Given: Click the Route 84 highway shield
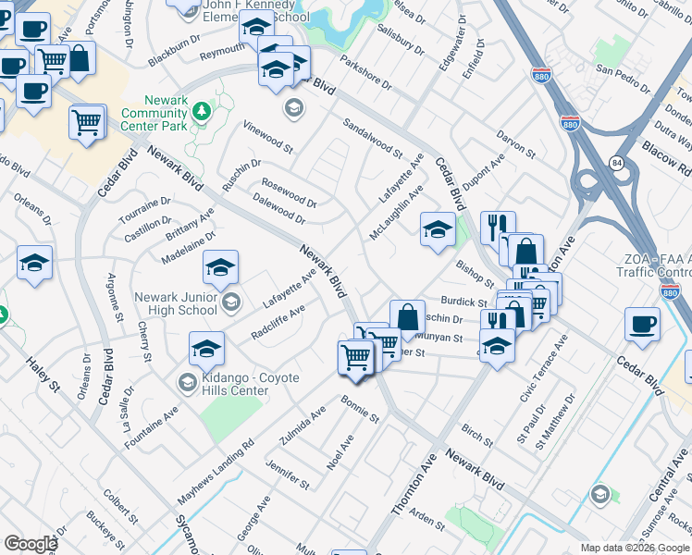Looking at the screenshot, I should pyautogui.click(x=615, y=163).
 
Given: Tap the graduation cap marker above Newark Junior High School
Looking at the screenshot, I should pyautogui.click(x=221, y=268).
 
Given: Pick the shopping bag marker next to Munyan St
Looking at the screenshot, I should pyautogui.click(x=407, y=317).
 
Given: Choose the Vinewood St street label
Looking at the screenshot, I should pyautogui.click(x=267, y=136).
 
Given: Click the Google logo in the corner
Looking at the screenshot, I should pyautogui.click(x=31, y=543).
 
